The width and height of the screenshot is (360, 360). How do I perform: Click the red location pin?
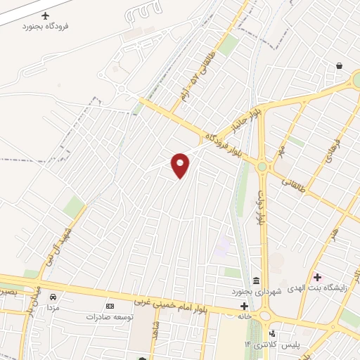[x=181, y=165]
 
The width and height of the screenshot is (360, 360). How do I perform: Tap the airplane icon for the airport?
[x=47, y=15]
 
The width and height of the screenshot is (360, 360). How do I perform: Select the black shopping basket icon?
[x=340, y=65]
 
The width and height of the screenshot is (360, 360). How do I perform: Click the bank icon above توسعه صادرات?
[x=109, y=306]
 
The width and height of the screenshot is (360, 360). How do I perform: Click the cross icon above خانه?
[x=244, y=306]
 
